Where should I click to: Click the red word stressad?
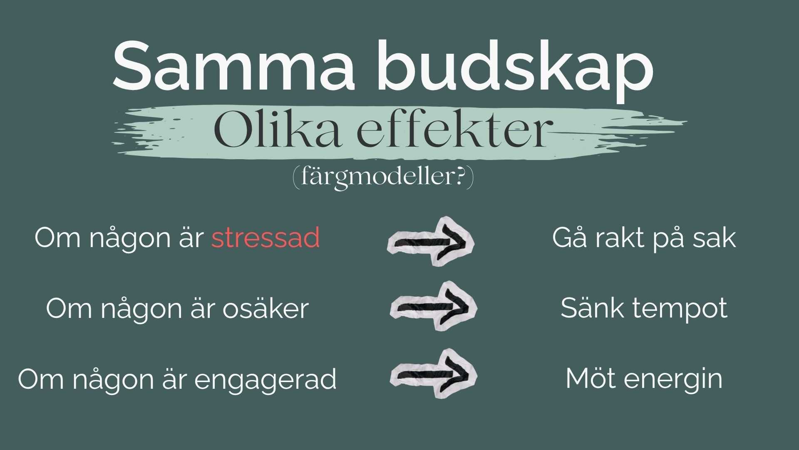pyautogui.click(x=266, y=237)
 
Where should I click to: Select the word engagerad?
pyautogui.click(x=266, y=380)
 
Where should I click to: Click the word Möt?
pyautogui.click(x=591, y=378)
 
